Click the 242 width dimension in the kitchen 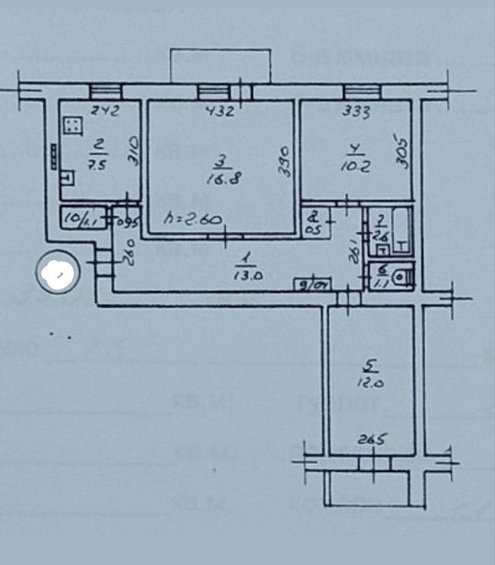(x=105, y=109)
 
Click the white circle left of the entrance (x=58, y=272)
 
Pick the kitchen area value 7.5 (x=98, y=164)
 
